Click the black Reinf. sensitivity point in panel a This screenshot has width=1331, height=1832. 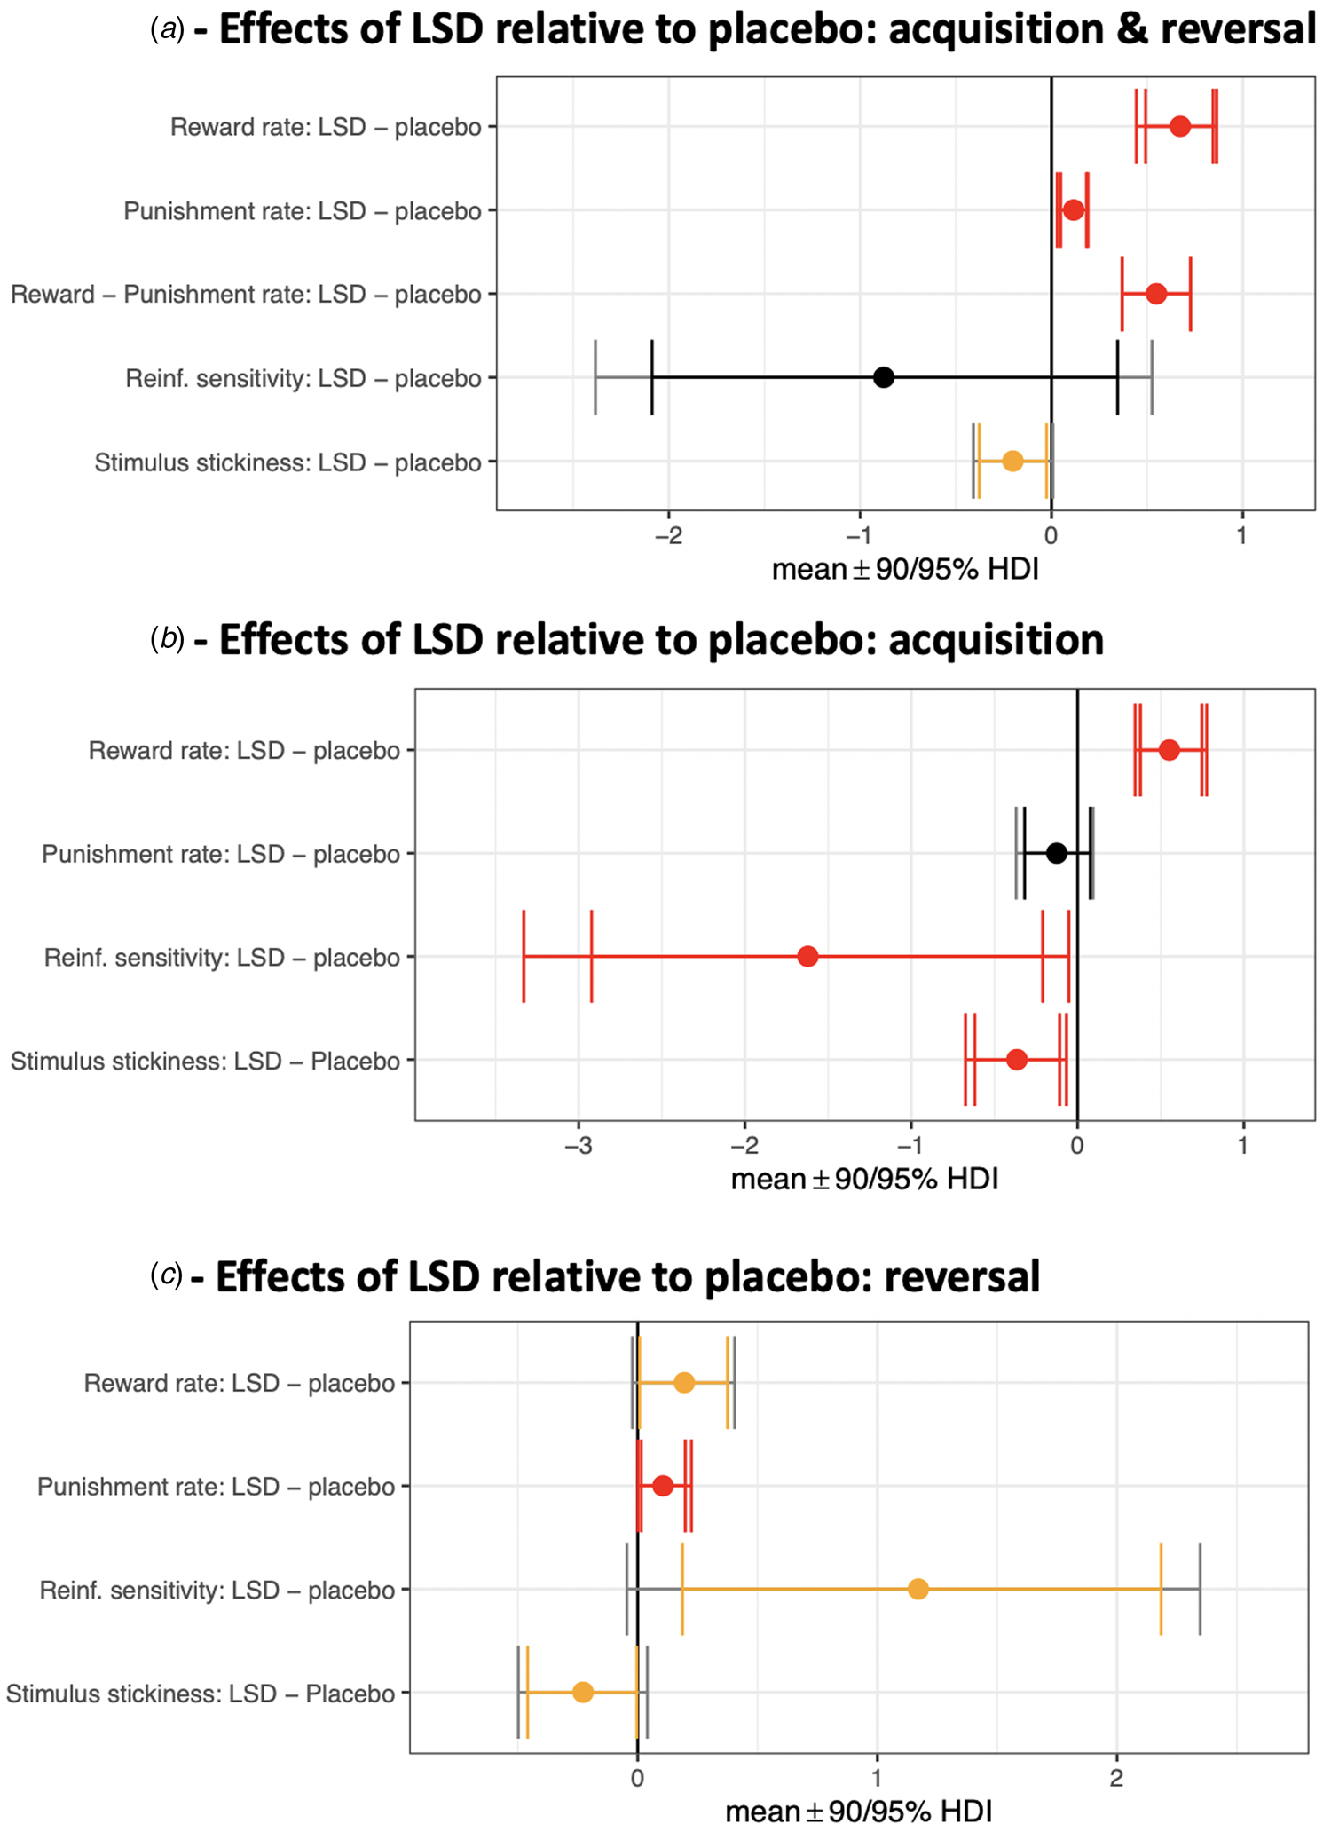pyautogui.click(x=883, y=377)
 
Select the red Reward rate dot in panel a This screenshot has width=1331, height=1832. pyautogui.click(x=1179, y=126)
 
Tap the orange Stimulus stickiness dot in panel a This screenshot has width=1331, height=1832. pyautogui.click(x=1012, y=462)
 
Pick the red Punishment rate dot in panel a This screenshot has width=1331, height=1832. pyautogui.click(x=1074, y=210)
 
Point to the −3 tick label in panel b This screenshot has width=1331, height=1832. pyautogui.click(x=578, y=1146)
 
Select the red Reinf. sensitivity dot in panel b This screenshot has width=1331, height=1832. pyautogui.click(x=807, y=957)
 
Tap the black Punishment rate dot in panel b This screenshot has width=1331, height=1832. pyautogui.click(x=1056, y=853)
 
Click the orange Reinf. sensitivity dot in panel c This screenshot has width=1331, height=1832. pyautogui.click(x=918, y=1589)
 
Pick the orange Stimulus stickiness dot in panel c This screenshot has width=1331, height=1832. pyautogui.click(x=582, y=1693)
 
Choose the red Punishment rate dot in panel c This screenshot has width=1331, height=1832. pyautogui.click(x=663, y=1486)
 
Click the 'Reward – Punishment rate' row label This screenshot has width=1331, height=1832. pyautogui.click(x=246, y=295)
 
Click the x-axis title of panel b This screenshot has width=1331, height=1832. pyautogui.click(x=864, y=1180)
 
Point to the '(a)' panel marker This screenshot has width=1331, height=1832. pyautogui.click(x=168, y=29)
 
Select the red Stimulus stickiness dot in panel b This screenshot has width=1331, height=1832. pyautogui.click(x=1017, y=1060)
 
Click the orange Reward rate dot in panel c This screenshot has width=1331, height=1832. pyautogui.click(x=684, y=1383)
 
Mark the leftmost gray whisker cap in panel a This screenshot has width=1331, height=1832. pyautogui.click(x=595, y=377)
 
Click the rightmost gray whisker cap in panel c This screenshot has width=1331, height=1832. pyautogui.click(x=1200, y=1589)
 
